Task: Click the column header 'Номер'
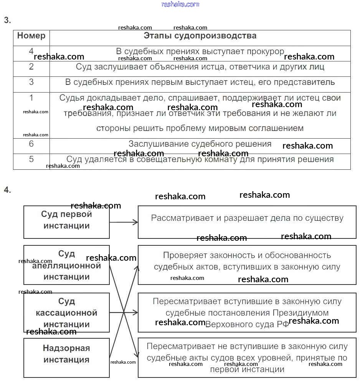[31, 36]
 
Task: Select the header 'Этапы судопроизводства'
[200, 36]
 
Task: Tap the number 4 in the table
[31, 51]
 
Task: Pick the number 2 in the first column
[31, 67]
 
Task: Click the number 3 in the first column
[31, 82]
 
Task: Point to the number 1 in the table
[31, 98]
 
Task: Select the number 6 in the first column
[31, 144]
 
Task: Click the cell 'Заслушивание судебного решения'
[200, 144]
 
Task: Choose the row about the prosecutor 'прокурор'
[200, 51]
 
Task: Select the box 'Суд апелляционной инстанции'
[66, 265]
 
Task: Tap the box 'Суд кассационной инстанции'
[66, 313]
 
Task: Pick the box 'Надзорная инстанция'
[66, 354]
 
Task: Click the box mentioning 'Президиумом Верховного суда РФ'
[247, 313]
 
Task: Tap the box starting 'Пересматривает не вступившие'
[247, 358]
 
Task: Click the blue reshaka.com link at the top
[180, 4]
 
